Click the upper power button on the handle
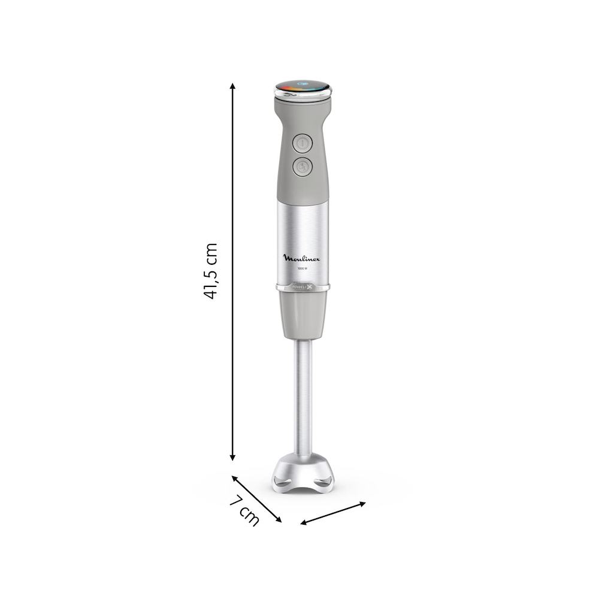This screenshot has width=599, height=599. click(x=302, y=144)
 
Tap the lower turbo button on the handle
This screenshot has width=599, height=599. click(x=302, y=167)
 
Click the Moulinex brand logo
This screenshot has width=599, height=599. click(x=302, y=258)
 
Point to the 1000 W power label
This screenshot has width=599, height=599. click(x=302, y=269)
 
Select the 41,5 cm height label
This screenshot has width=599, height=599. click(x=210, y=271)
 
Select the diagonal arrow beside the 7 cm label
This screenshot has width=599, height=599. click(x=256, y=498)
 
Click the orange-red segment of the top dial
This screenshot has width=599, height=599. click(x=286, y=90)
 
